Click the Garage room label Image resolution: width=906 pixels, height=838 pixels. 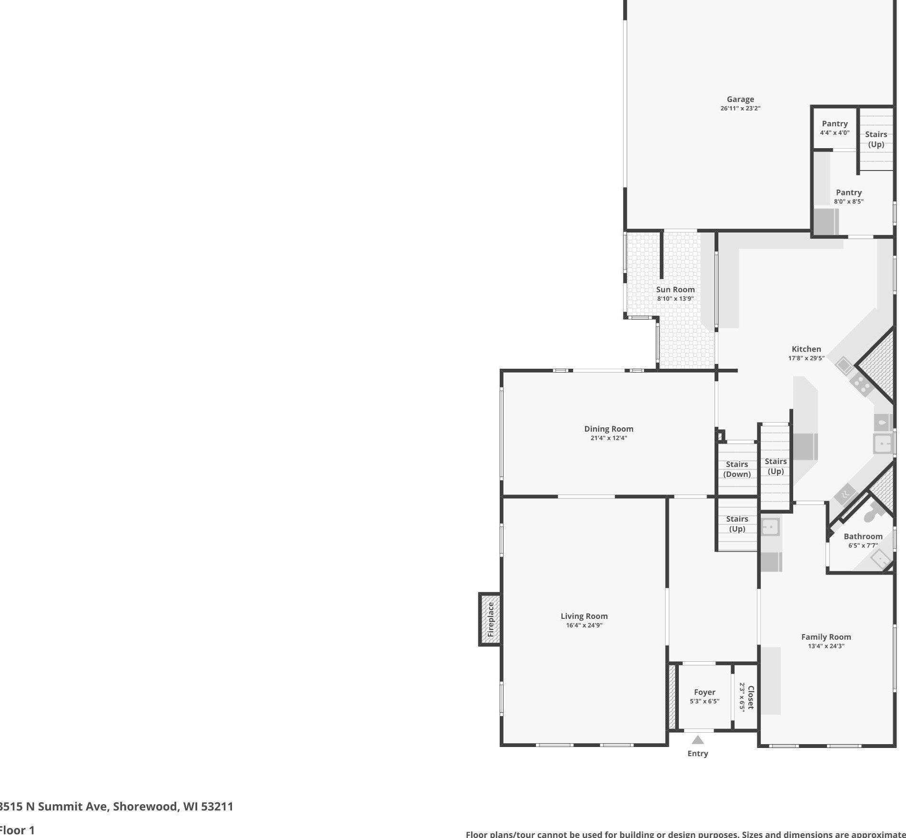[740, 99]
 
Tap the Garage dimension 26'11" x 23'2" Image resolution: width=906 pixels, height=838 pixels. [740, 109]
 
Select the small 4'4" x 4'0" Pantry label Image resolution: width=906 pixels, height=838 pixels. [834, 124]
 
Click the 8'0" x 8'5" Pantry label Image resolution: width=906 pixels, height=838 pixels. [848, 192]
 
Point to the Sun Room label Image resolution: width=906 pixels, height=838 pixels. [675, 290]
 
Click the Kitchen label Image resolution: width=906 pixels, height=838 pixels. [806, 349]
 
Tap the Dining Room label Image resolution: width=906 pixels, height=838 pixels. [608, 429]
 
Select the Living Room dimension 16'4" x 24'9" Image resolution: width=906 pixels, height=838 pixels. [584, 626]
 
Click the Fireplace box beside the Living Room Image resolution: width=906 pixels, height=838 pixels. [490, 619]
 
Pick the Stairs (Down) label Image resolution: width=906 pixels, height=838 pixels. [736, 469]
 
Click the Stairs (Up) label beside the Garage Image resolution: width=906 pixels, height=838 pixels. [876, 139]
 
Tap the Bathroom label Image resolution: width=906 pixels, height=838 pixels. [863, 536]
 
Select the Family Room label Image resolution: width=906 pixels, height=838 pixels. [825, 637]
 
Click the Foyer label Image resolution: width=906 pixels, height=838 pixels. [704, 692]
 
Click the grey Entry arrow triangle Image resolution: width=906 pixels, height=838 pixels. [697, 740]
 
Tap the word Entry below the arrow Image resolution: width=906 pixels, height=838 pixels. [697, 754]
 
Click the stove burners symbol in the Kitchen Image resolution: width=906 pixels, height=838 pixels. [861, 383]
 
